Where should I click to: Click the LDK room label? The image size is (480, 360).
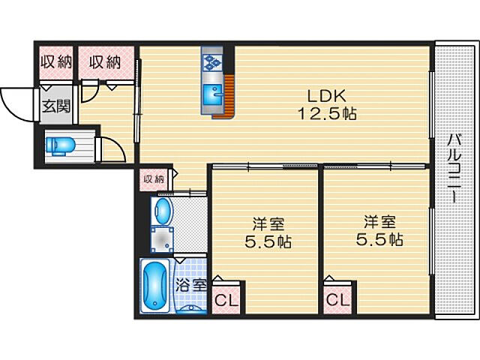click(326, 96)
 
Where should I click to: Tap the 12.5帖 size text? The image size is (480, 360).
click(327, 114)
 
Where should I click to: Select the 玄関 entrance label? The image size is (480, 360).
click(56, 106)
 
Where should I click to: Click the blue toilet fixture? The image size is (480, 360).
click(61, 145)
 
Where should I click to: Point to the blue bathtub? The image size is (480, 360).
click(155, 285)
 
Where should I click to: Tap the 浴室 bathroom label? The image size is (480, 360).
click(191, 286)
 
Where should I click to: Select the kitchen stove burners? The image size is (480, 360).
click(211, 61)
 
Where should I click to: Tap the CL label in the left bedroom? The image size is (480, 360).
click(226, 300)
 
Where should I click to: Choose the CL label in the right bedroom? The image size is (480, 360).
click(338, 300)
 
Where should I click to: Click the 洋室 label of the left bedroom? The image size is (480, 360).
click(268, 223)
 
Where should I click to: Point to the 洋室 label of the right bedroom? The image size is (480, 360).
click(379, 222)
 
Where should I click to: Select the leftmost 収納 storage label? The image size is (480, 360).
click(57, 61)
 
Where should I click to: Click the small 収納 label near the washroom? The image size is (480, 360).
click(154, 179)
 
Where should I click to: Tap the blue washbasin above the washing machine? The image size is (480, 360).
click(162, 211)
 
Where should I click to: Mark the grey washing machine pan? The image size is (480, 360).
click(162, 240)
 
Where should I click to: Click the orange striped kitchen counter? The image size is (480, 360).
click(226, 97)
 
